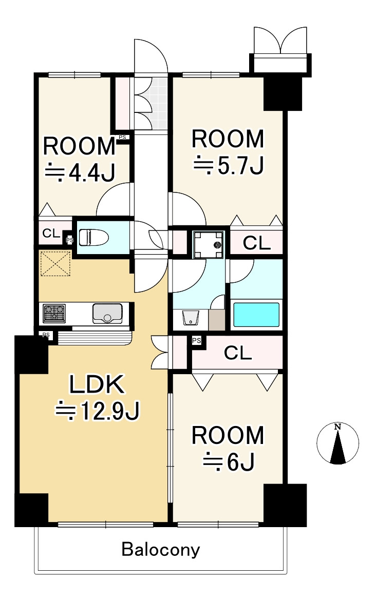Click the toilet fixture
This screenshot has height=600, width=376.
(x=93, y=237)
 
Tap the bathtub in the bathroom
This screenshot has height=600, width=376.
(x=256, y=315)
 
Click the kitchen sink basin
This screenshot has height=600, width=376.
(x=107, y=314)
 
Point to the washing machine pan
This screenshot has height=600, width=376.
(x=209, y=244)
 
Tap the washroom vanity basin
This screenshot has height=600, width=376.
(x=191, y=318)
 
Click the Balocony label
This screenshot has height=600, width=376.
(x=161, y=550)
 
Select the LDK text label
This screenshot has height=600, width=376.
(x=97, y=384)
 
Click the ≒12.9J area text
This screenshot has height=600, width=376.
(x=98, y=411)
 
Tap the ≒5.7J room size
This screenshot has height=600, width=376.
(x=229, y=165)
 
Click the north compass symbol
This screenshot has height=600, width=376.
(x=337, y=444)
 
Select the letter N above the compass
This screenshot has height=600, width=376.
(x=337, y=427)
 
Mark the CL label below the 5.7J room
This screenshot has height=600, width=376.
(x=256, y=243)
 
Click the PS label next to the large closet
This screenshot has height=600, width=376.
(x=196, y=340)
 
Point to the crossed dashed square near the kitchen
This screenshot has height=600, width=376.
(x=55, y=263)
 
